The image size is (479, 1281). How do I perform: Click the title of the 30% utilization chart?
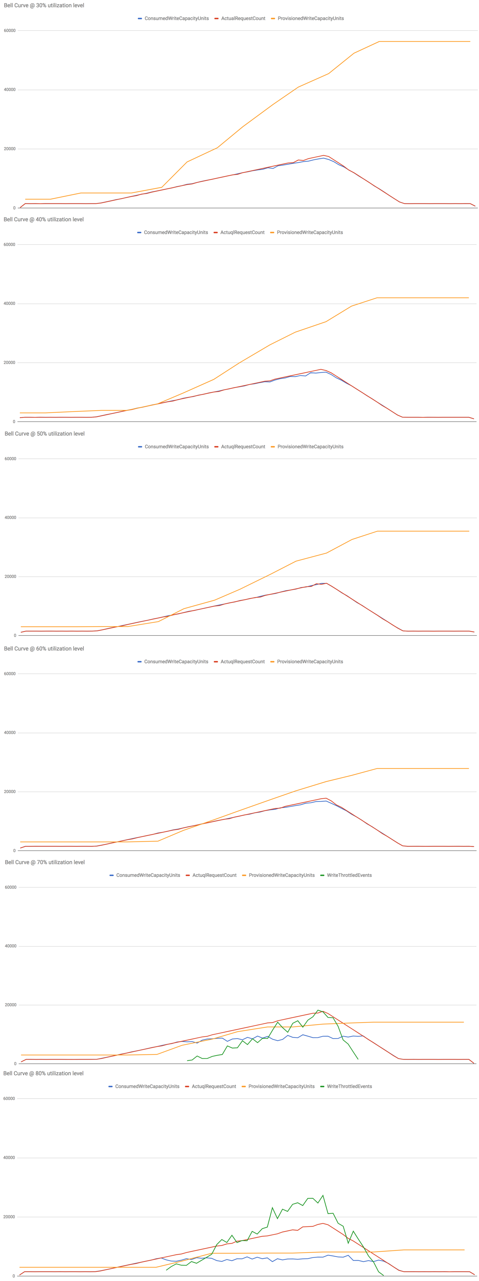(44, 5)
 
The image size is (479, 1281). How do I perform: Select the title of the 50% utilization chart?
(44, 434)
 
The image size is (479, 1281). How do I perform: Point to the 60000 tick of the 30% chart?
(10, 31)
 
